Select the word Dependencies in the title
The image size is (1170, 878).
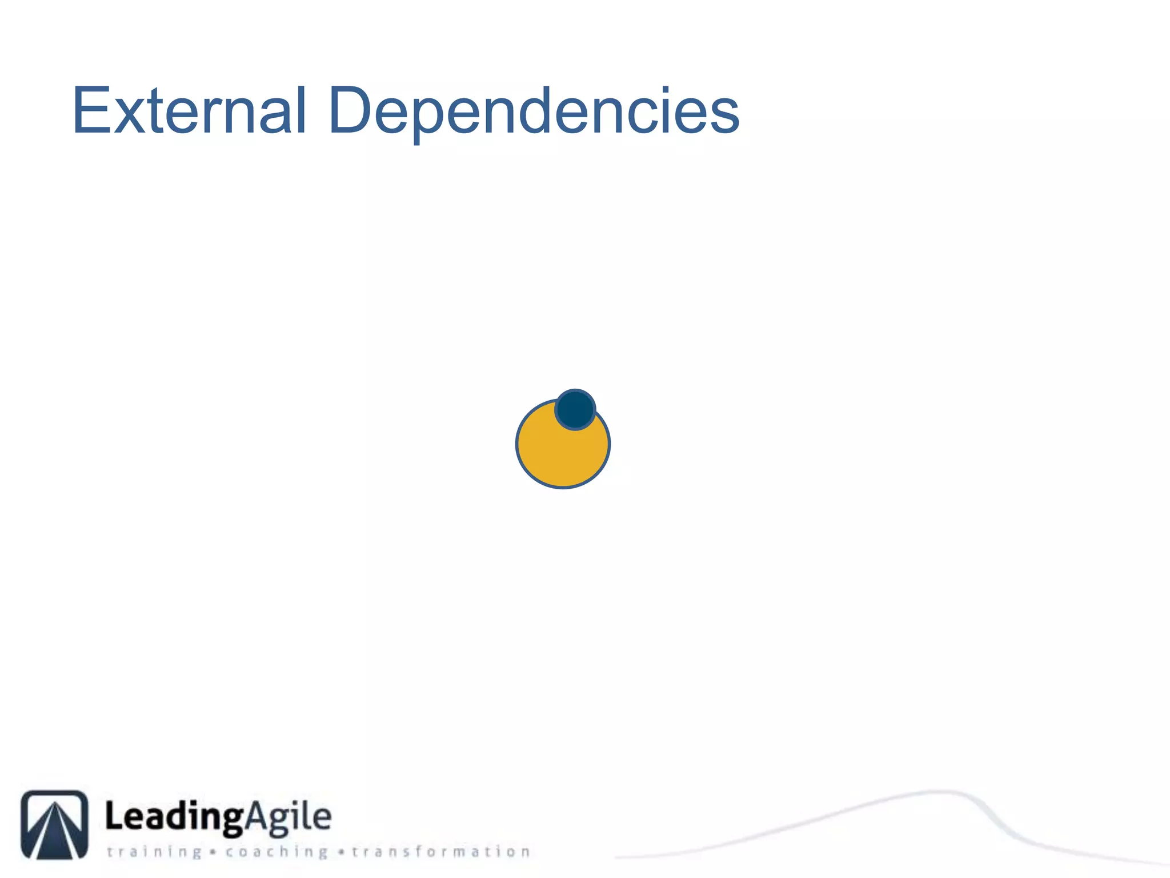pos(534,111)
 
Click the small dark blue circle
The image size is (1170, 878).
pos(575,409)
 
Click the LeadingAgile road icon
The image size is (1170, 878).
pos(54,824)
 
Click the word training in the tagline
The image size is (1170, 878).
pos(154,852)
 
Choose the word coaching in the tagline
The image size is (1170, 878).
pos(277,852)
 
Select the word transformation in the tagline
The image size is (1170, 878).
pos(440,852)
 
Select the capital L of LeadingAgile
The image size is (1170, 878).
pos(114,816)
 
